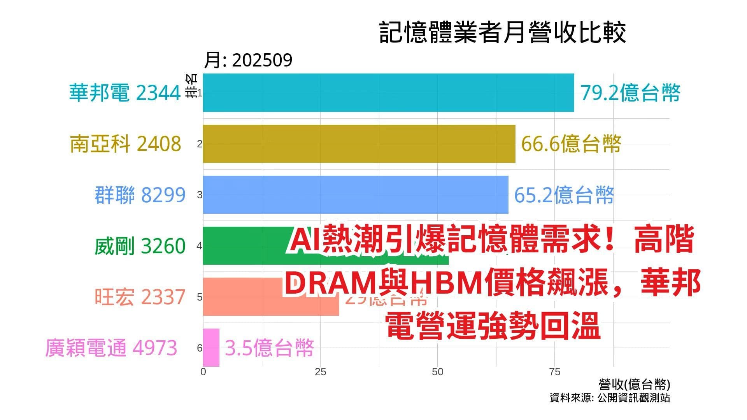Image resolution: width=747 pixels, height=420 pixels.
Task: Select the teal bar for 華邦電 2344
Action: click(388, 93)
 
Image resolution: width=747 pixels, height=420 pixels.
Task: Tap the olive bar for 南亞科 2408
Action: click(359, 144)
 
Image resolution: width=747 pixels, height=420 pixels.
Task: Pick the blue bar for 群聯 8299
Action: click(356, 194)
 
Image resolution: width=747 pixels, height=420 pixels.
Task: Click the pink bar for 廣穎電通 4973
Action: click(211, 347)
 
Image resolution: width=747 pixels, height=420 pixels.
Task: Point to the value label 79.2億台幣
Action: click(630, 93)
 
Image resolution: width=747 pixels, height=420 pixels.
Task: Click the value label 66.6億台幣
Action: click(571, 144)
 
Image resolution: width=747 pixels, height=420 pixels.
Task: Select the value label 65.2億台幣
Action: click(564, 195)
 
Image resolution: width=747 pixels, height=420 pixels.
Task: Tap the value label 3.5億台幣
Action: click(269, 348)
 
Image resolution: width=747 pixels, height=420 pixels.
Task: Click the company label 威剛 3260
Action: click(140, 246)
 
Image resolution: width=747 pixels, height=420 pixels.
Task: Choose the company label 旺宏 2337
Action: click(140, 297)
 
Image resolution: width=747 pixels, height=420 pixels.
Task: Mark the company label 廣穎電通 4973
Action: click(111, 348)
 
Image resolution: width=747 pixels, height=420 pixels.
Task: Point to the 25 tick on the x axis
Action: click(320, 372)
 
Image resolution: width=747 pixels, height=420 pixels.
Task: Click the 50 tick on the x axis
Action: click(437, 372)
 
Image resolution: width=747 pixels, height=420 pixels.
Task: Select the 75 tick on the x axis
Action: click(554, 372)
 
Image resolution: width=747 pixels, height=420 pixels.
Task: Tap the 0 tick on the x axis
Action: click(203, 372)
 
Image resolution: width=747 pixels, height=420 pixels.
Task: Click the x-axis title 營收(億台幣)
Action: click(634, 385)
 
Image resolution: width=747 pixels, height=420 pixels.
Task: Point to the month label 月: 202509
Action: click(248, 60)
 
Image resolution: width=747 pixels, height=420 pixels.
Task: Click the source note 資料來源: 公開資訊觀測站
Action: click(610, 398)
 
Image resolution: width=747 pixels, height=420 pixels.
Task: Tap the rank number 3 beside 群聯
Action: click(200, 195)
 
